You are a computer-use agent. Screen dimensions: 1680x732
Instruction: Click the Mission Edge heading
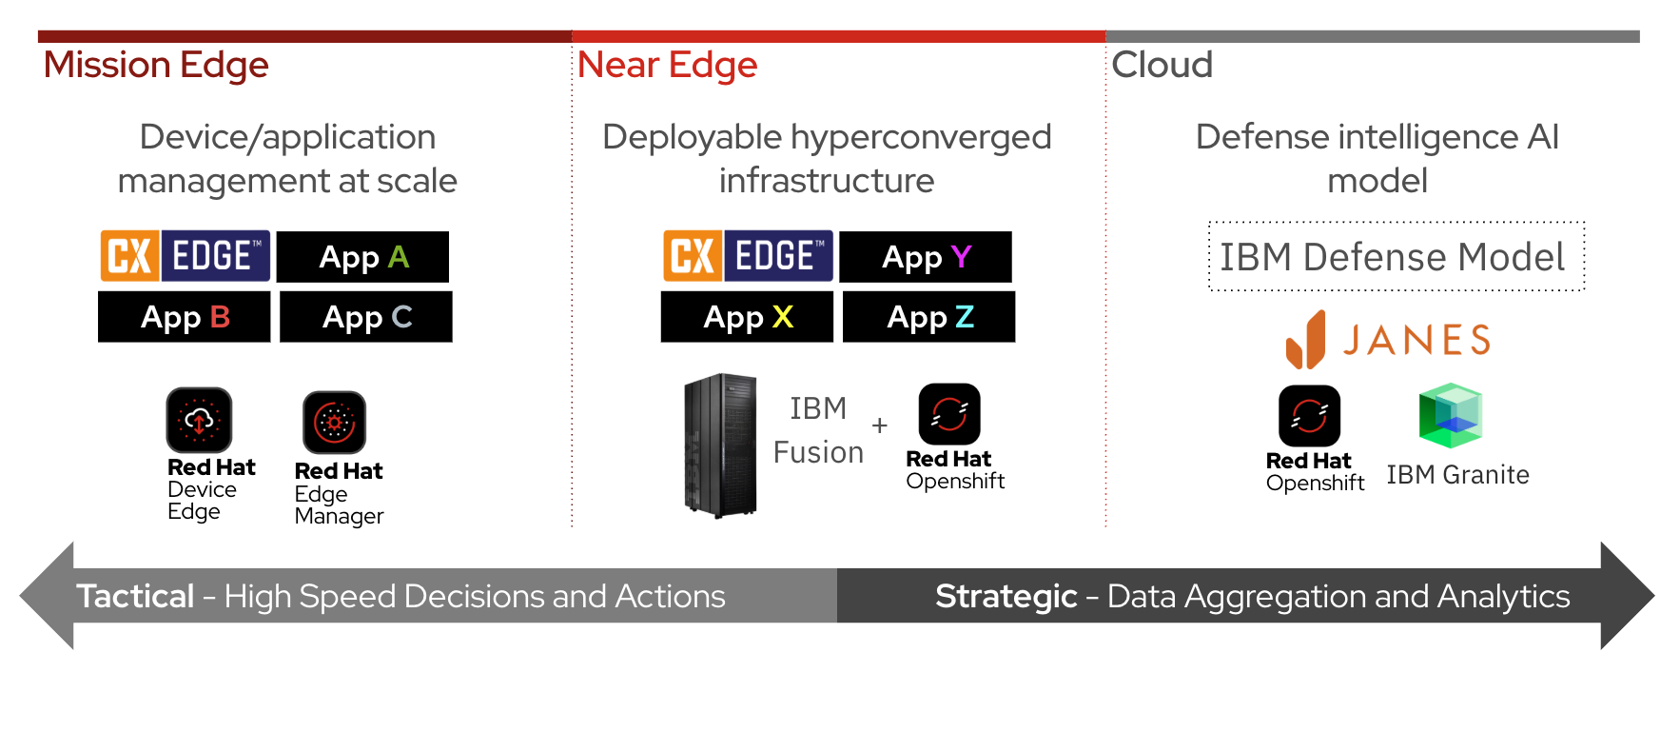tap(156, 66)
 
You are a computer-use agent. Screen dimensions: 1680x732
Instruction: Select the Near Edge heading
tap(667, 66)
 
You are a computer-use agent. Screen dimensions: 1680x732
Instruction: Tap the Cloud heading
tap(1162, 65)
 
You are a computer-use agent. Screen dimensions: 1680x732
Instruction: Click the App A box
tap(362, 257)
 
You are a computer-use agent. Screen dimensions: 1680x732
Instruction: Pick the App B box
tap(184, 317)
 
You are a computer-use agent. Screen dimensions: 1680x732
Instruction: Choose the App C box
tap(366, 317)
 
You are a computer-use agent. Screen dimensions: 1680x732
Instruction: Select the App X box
tap(747, 317)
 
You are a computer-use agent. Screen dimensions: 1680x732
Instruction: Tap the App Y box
tap(926, 257)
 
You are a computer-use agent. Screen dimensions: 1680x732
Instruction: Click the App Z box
tap(929, 317)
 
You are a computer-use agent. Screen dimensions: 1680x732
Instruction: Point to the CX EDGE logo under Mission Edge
tap(186, 256)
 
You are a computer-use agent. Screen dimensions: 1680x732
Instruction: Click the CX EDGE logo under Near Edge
tap(749, 256)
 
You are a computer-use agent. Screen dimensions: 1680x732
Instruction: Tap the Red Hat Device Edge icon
tap(199, 420)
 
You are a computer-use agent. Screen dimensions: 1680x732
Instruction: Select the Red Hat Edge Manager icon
tap(334, 423)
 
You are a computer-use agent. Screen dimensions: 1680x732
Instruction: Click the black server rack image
tap(720, 445)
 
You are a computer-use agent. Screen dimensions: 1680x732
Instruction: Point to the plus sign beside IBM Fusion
tap(880, 425)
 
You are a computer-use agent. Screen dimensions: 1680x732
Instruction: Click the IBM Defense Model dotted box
tap(1397, 256)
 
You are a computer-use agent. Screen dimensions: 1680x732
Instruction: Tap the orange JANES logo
tap(1388, 340)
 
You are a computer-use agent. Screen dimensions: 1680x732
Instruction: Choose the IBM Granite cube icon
tap(1451, 416)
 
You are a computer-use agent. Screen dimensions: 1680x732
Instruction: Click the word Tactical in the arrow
tap(135, 597)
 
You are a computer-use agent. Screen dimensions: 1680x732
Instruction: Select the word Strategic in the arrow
tap(1006, 597)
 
